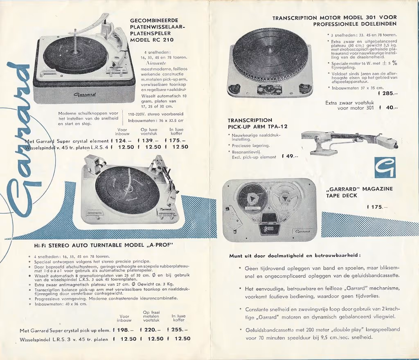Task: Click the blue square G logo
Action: [x=385, y=167]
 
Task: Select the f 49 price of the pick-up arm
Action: [x=290, y=156]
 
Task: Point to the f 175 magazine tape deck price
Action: [x=377, y=207]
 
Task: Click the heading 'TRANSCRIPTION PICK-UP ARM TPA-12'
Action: [x=257, y=124]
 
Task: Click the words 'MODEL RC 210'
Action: [x=151, y=40]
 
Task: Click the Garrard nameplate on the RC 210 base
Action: [x=85, y=94]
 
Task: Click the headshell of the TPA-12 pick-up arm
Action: [x=387, y=143]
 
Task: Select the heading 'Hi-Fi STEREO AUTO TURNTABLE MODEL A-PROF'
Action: [x=104, y=246]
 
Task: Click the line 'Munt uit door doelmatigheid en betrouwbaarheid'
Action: [x=295, y=256]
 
